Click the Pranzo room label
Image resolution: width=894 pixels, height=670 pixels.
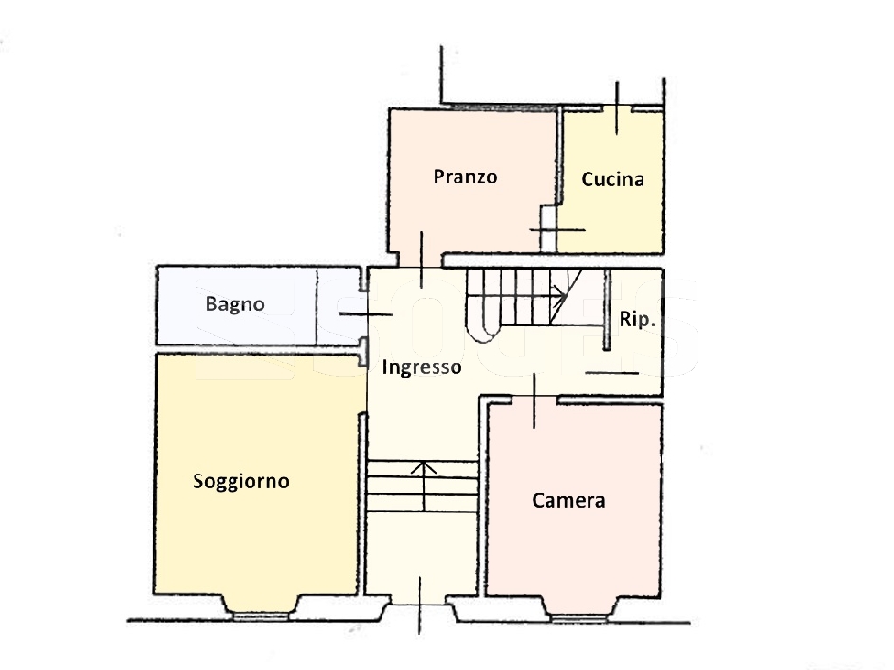pos(465,177)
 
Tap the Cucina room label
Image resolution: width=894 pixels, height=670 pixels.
pos(612,179)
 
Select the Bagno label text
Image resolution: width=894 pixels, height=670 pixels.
pos(235,305)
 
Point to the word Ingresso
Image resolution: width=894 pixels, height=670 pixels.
pos(421,367)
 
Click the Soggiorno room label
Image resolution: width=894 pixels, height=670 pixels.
pos(241,481)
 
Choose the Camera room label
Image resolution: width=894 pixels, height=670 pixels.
pos(568,501)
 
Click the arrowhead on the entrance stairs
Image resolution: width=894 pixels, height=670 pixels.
pos(423,468)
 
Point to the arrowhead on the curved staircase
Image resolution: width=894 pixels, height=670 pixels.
pos(562,296)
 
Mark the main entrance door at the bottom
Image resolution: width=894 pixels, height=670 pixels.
pos(419,605)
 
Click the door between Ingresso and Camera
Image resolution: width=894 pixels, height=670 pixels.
pos(534,400)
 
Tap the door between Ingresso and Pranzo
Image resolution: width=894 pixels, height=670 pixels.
pos(422,259)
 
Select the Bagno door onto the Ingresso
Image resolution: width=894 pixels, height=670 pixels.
pos(365,314)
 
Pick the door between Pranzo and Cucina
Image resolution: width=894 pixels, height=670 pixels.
pos(557,230)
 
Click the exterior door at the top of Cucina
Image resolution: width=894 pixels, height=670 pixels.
pos(617,108)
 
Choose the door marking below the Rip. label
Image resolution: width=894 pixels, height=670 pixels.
pos(612,374)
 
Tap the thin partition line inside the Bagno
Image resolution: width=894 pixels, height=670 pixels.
pos(316,307)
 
